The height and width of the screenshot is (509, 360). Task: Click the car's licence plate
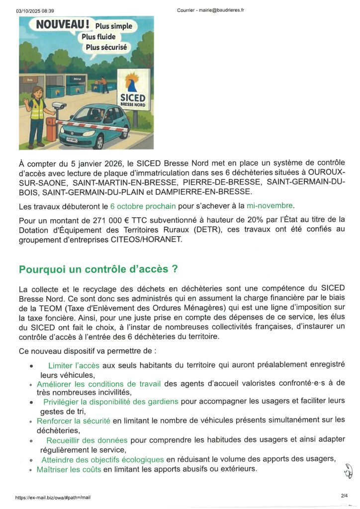pos(73,140)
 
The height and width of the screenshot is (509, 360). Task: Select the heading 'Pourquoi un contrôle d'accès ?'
pos(98,269)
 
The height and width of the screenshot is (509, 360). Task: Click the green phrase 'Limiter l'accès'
pos(74,365)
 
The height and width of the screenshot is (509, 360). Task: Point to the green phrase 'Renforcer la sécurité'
pos(74,421)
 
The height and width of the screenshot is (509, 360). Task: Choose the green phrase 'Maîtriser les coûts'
pos(69,469)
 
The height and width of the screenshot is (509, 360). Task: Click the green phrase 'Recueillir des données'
pos(87,440)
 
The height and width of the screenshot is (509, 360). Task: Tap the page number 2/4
pos(345,496)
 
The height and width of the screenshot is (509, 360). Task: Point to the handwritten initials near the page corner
pos(348,470)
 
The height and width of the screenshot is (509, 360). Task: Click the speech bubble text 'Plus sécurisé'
pos(106,48)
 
